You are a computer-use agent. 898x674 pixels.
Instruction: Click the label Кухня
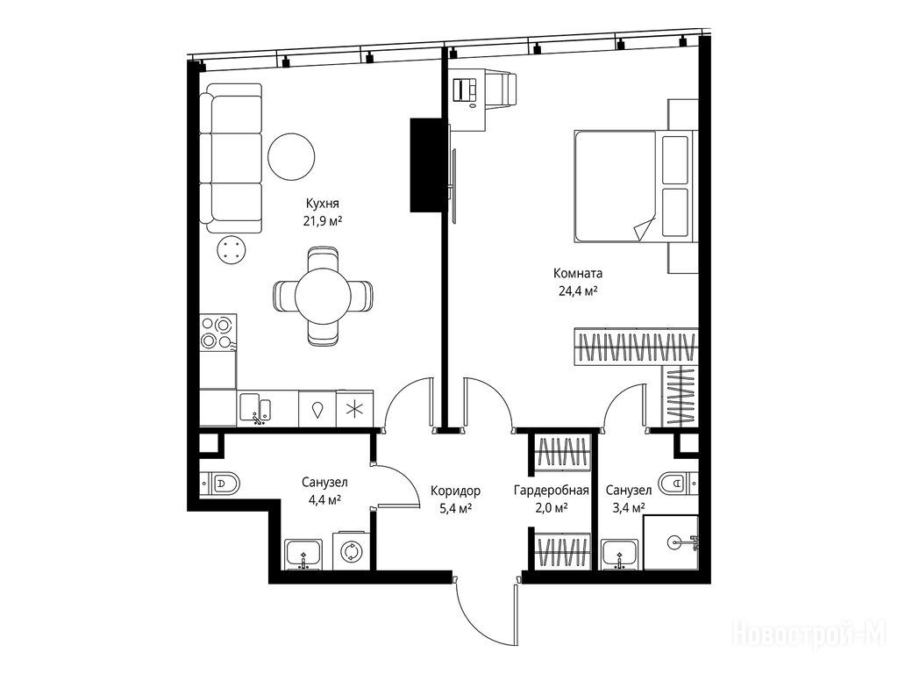coord(323,204)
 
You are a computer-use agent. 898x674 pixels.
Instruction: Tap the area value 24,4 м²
coord(579,290)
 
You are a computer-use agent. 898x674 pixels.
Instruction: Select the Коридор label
coord(455,491)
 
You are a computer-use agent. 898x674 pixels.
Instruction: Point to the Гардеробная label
coord(552,491)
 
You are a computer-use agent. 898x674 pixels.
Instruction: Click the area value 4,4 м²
coord(324,499)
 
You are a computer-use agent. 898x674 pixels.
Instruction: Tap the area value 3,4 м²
coord(629,507)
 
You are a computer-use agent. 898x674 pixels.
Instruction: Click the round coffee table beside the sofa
coord(291,156)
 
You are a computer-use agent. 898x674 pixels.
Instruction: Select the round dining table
coord(323,297)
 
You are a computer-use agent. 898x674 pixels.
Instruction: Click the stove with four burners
coord(218,332)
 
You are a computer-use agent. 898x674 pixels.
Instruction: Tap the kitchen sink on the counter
coord(256,408)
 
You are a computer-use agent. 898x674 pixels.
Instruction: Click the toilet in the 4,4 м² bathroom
coord(220,484)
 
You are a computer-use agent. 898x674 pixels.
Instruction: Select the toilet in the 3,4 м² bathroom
coord(678,484)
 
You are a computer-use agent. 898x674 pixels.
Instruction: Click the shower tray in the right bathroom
coord(671,542)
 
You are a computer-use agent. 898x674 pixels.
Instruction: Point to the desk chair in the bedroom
coord(502,89)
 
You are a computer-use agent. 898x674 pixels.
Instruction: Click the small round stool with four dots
coord(232,250)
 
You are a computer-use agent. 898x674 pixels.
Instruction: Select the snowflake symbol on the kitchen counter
coord(354,409)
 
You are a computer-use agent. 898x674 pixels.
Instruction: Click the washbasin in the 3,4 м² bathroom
coord(620,555)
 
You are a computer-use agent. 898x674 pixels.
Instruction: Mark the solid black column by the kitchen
coord(425,165)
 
